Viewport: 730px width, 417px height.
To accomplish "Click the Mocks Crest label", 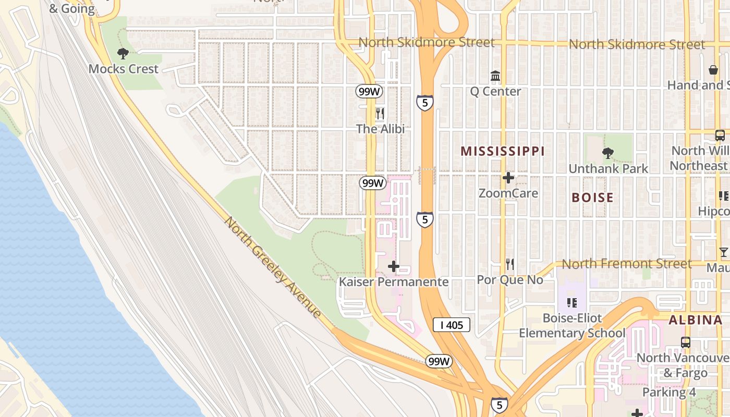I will (123, 69).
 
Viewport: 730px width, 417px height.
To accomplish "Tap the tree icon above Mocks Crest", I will (123, 53).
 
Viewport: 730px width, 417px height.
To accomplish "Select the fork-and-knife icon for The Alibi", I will (380, 113).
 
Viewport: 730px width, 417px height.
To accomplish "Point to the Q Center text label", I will (495, 91).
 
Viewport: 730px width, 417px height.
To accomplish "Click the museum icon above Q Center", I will (495, 77).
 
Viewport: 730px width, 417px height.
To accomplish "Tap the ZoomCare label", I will (508, 193).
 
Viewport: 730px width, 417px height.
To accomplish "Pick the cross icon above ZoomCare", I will (508, 178).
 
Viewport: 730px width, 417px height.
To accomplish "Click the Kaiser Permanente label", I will (394, 282).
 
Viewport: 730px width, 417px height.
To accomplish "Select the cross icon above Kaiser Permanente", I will (394, 267).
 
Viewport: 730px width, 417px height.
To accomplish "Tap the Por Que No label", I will (510, 280).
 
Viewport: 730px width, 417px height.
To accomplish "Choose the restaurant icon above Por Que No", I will (510, 264).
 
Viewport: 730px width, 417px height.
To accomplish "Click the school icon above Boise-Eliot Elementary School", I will (572, 302).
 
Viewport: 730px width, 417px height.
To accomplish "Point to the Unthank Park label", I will (608, 168).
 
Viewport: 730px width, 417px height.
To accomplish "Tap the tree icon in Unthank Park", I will (607, 153).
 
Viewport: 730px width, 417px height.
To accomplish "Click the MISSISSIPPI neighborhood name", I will (503, 151).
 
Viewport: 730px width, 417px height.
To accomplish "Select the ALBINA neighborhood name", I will (695, 320).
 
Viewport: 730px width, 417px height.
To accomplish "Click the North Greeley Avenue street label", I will (272, 266).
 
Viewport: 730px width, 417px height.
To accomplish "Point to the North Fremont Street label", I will (626, 264).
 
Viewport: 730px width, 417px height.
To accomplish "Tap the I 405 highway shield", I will (452, 325).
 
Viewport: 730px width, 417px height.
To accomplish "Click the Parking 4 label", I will (669, 392).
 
